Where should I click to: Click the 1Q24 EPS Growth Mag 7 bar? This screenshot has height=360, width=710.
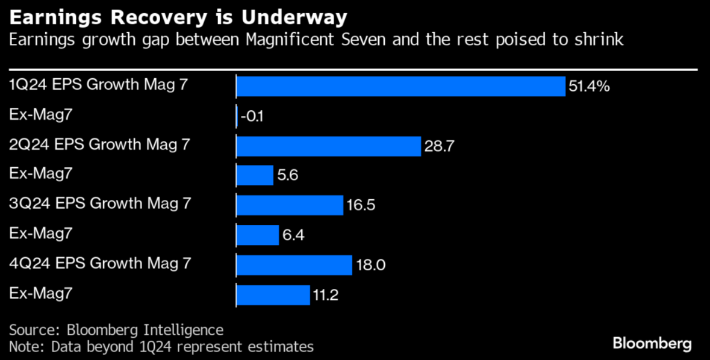[400, 87]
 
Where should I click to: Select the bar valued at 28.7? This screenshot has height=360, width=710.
[328, 146]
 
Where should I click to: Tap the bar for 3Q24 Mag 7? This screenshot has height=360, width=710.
[290, 205]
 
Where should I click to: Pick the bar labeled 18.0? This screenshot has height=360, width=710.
[294, 265]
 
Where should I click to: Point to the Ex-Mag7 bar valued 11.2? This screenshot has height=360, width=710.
[273, 295]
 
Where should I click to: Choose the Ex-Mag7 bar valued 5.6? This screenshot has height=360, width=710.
[255, 176]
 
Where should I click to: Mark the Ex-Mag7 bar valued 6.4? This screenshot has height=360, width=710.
[257, 235]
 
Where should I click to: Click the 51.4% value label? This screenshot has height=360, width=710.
[589, 87]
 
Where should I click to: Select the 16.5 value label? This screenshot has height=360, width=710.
[361, 206]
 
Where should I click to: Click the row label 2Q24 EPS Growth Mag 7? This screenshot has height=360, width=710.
[100, 144]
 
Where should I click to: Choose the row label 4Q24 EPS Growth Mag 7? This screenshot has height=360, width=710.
[100, 263]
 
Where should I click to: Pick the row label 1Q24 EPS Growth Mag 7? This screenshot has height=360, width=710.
[99, 84]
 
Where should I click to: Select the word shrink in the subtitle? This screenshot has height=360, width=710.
[602, 40]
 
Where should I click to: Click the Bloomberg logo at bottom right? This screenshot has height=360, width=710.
[652, 344]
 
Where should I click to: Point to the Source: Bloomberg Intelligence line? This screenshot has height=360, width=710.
[116, 330]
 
